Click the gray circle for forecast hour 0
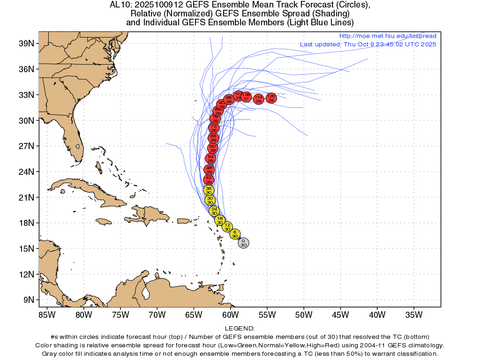tap(243, 242)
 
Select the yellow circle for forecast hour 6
tap(235, 234)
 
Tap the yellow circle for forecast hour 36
tap(209, 190)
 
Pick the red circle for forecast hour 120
tap(271, 98)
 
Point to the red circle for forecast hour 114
tap(258, 99)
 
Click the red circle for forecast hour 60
tap(213, 148)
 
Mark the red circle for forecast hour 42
tap(209, 180)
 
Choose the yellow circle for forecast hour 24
tap(214, 210)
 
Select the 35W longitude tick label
tap(413, 314)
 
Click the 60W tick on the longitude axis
tap(230, 314)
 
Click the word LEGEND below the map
tap(240, 329)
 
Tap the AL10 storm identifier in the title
tap(120, 5)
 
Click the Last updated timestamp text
tap(368, 45)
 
